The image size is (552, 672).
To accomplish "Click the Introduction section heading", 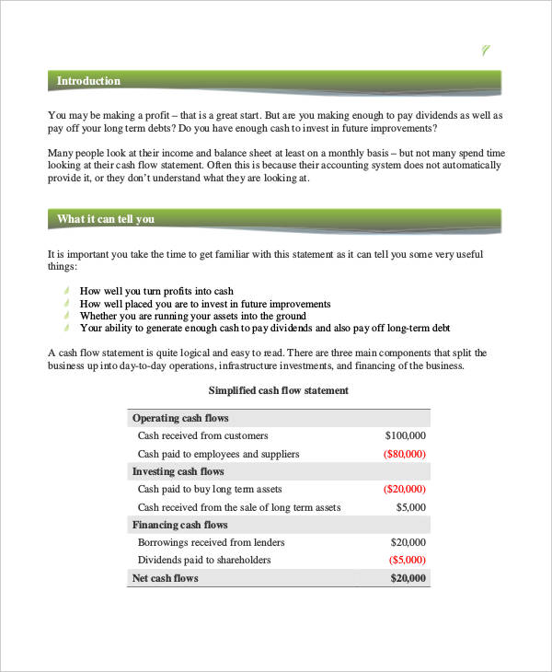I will coord(88,81).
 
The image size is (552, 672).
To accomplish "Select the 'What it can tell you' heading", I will coord(105,219).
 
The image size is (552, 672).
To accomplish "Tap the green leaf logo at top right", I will coord(487,51).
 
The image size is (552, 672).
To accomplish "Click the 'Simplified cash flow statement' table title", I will coord(279,390).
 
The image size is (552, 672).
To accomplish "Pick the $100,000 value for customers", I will coord(405,435).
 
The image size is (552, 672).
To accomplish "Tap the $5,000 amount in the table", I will coord(410,507).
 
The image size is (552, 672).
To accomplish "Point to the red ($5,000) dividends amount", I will coord(407,560).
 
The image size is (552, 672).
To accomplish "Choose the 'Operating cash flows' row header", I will coord(180,418).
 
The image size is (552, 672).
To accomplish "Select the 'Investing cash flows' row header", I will coord(178,471).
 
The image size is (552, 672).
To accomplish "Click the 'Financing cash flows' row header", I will coord(180,525).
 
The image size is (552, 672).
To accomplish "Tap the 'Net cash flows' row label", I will coord(166,578).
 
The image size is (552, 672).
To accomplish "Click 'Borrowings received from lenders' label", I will coord(211,542).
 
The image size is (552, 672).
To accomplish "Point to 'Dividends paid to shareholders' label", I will coord(204,560).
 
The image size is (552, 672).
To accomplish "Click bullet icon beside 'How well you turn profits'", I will coord(66,290).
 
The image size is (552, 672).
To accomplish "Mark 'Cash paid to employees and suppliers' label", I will coord(218,454).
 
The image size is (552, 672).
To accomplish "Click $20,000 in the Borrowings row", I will coord(408,542).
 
